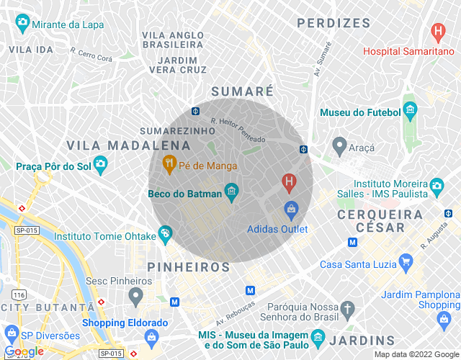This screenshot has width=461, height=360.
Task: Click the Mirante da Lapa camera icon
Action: point(22,24)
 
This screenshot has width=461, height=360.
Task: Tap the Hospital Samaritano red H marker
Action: point(437,32)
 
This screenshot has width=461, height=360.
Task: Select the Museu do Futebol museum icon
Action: point(411,112)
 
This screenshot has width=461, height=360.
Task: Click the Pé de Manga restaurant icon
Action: point(169,165)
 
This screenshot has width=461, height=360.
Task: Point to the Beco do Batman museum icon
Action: point(231,192)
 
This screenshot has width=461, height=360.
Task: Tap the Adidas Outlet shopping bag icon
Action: point(291,210)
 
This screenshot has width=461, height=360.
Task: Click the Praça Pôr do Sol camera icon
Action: point(101,166)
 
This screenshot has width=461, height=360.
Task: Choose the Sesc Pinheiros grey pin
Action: point(135,294)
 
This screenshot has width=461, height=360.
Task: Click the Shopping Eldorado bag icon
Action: point(152,337)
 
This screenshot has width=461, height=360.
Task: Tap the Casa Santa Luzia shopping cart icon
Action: point(405,263)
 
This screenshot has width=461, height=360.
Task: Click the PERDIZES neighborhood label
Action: point(333,23)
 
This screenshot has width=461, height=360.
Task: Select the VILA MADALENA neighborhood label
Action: point(122,145)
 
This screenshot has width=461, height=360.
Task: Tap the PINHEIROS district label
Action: point(188,267)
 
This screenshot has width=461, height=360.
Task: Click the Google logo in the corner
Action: point(24,351)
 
